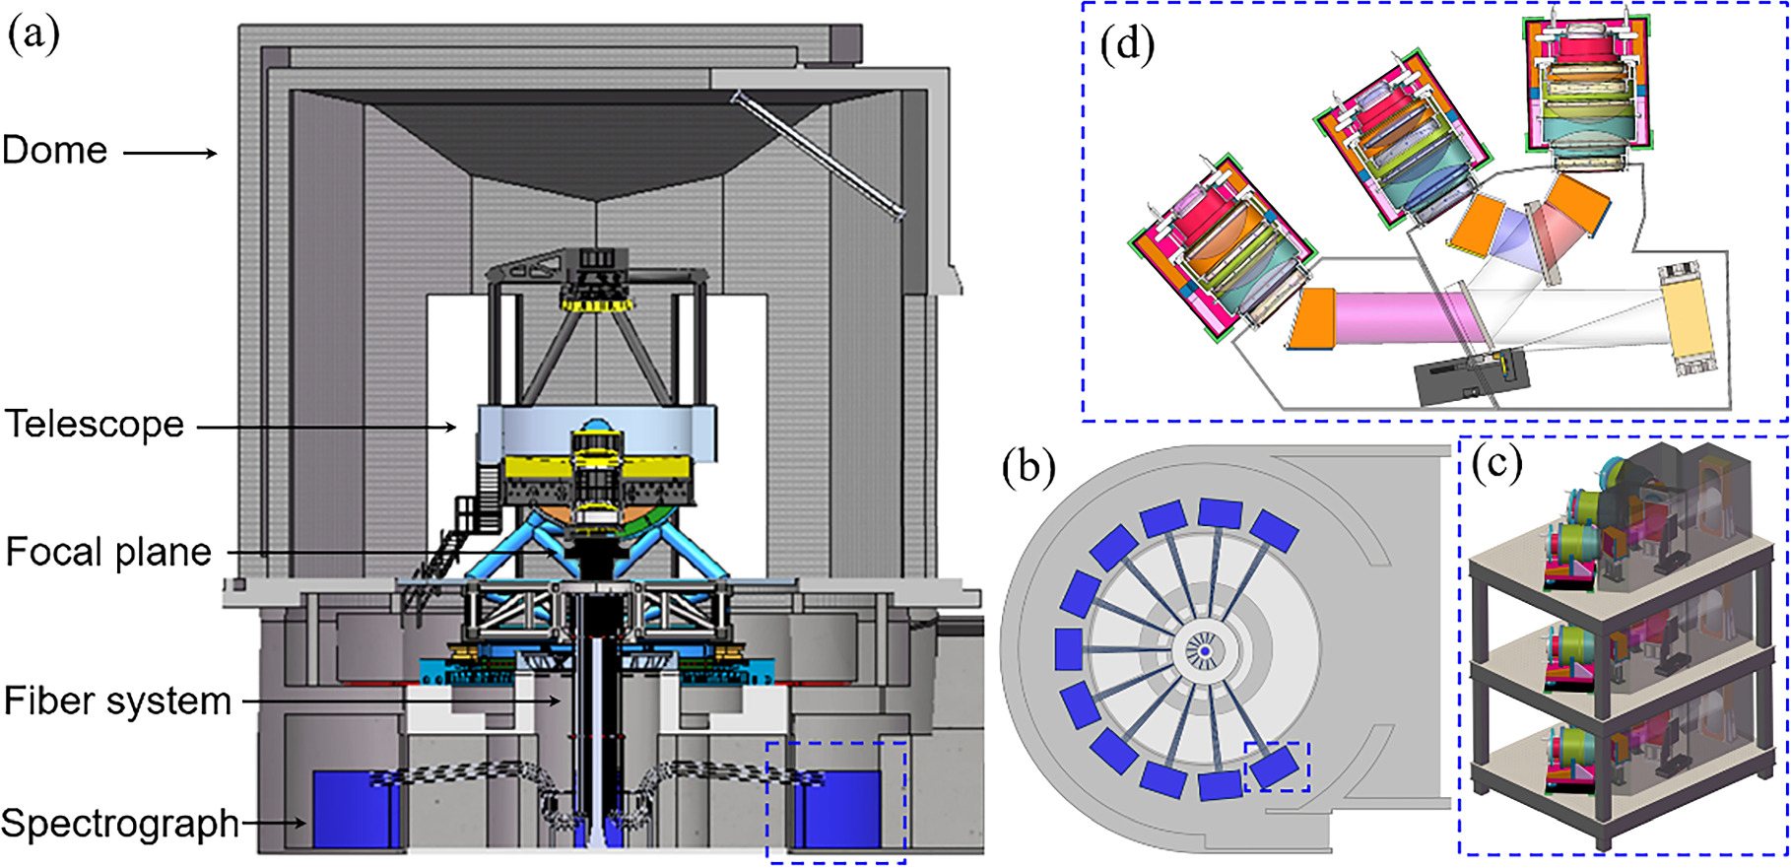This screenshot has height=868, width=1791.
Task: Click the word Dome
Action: click(55, 151)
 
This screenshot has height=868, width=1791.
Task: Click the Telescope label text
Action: click(95, 425)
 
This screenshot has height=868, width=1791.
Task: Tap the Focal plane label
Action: click(108, 553)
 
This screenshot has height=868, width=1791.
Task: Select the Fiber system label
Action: click(117, 701)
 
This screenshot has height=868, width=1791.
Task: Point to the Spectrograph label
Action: click(120, 824)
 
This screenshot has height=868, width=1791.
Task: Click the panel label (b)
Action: click(1029, 467)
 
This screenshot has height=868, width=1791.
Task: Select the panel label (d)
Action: click(1127, 45)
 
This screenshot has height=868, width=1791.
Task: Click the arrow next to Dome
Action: click(169, 153)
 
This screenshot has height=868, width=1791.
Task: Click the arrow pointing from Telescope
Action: click(327, 427)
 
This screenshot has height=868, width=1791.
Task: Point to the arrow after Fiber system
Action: click(402, 701)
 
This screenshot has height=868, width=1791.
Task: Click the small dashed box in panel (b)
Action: click(1278, 767)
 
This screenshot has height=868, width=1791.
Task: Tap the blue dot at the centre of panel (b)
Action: click(1204, 651)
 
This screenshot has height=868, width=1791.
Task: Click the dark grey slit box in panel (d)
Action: click(1471, 379)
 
